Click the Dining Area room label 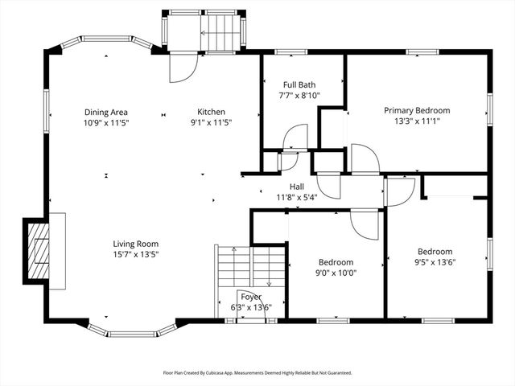(106, 112)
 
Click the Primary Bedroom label (416, 110)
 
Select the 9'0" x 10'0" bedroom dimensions (336, 273)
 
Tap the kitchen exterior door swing (181, 68)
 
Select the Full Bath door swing (295, 138)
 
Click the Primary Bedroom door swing (364, 158)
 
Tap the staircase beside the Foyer (249, 270)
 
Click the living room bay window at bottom (132, 331)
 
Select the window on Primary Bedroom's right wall (488, 109)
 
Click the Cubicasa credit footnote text (257, 373)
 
